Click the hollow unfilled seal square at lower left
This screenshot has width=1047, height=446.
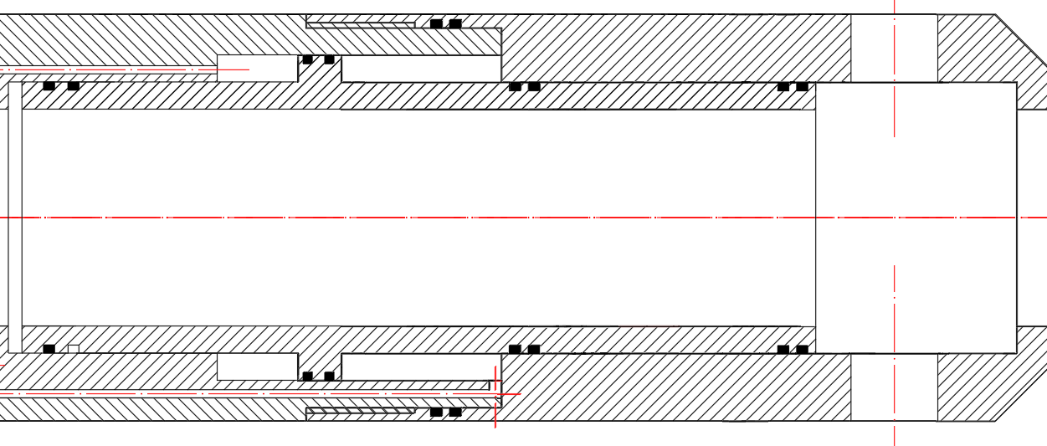[74, 349]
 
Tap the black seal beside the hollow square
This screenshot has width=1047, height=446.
[49, 349]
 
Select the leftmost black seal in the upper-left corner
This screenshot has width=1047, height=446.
[49, 86]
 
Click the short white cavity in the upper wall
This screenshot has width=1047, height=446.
[257, 68]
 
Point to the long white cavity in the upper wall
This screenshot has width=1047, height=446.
[421, 69]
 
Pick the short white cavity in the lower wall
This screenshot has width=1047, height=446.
[257, 367]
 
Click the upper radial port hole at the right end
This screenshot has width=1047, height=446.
[894, 48]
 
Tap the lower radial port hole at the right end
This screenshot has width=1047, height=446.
[894, 387]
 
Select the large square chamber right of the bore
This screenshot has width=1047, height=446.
[916, 218]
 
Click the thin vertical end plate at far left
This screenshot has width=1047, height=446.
[15, 218]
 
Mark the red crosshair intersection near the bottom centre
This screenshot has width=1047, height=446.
[495, 393]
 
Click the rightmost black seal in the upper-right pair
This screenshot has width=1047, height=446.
[802, 86]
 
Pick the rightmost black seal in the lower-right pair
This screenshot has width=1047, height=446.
[802, 349]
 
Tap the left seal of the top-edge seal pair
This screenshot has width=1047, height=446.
[436, 23]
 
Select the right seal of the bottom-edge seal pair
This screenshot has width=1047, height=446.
[455, 413]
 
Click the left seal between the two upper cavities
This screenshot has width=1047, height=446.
[308, 59]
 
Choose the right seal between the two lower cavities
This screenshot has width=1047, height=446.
[329, 376]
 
